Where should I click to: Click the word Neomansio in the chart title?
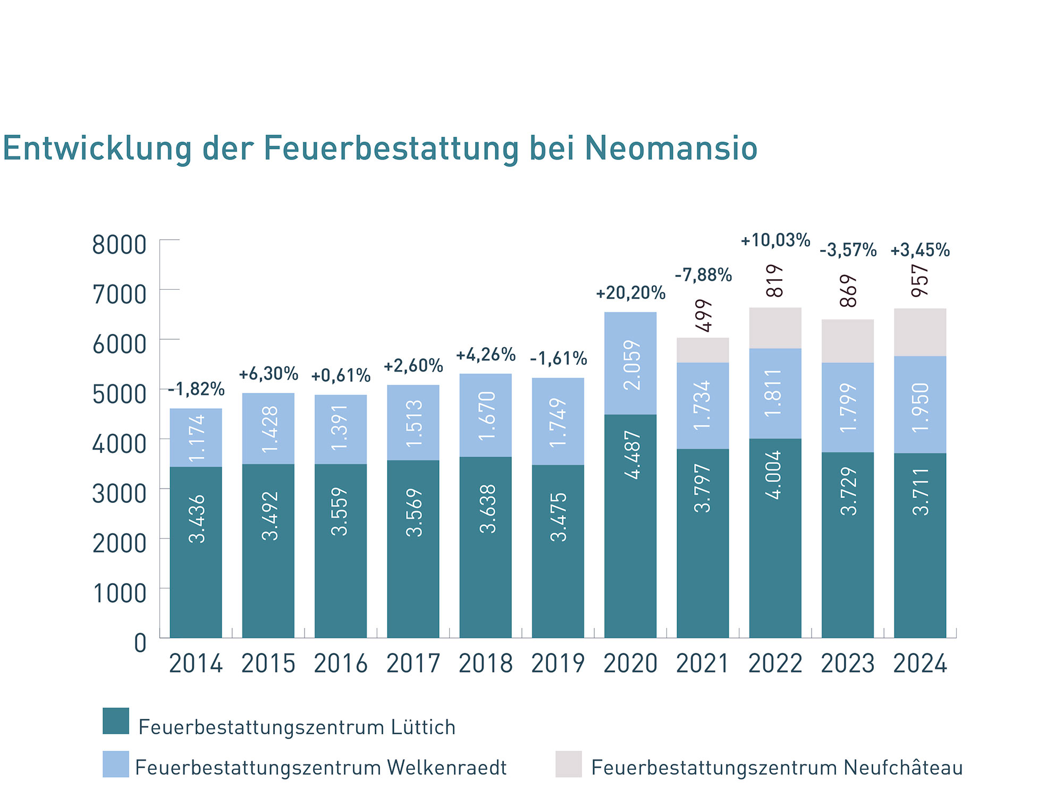671,148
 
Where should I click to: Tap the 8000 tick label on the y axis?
119,245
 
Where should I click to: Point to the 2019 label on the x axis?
558,664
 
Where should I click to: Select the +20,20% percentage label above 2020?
630,293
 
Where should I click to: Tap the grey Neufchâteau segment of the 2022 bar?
775,328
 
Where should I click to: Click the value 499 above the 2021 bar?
704,315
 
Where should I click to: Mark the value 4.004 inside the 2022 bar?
775,475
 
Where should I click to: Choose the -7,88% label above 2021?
703,275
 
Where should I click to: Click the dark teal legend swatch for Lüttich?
116,721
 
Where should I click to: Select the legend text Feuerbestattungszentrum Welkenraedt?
321,768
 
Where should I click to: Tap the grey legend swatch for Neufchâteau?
568,765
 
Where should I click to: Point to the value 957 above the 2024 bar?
920,281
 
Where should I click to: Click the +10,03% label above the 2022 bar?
775,240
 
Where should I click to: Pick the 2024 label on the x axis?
920,664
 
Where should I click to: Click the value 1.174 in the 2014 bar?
197,438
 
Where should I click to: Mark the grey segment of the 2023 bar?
848,341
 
